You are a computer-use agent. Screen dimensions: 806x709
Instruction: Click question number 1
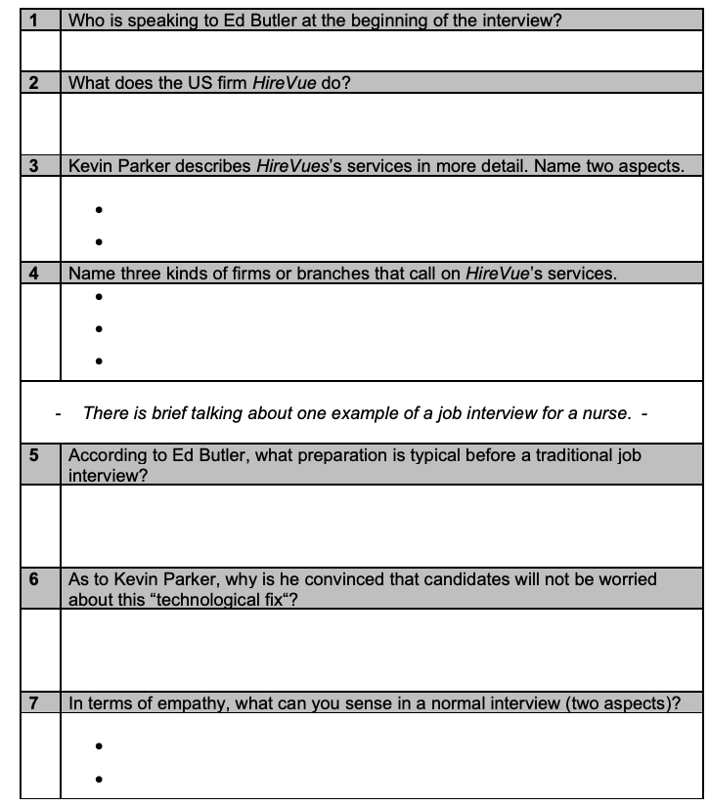pyautogui.click(x=32, y=20)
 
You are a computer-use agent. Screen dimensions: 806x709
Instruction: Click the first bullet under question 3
pyautogui.click(x=101, y=209)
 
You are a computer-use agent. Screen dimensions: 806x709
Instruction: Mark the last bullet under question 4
pyautogui.click(x=101, y=361)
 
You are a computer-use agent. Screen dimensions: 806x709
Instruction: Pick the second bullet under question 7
pyautogui.click(x=101, y=779)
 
